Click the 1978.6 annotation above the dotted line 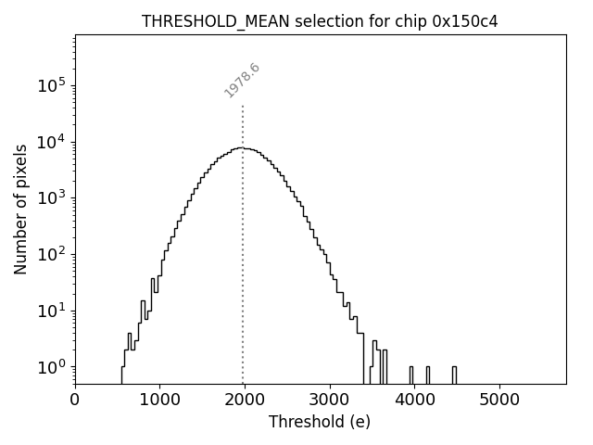243,80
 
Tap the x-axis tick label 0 75,400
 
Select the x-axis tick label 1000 159,400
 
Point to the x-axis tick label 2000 245,400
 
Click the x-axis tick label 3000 330,400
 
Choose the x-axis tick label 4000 415,400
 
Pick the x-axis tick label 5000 499,400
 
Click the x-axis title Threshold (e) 320,422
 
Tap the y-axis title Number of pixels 20,209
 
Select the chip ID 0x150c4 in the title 465,21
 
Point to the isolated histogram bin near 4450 454,375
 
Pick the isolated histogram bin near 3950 411,375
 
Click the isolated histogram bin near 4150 428,375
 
